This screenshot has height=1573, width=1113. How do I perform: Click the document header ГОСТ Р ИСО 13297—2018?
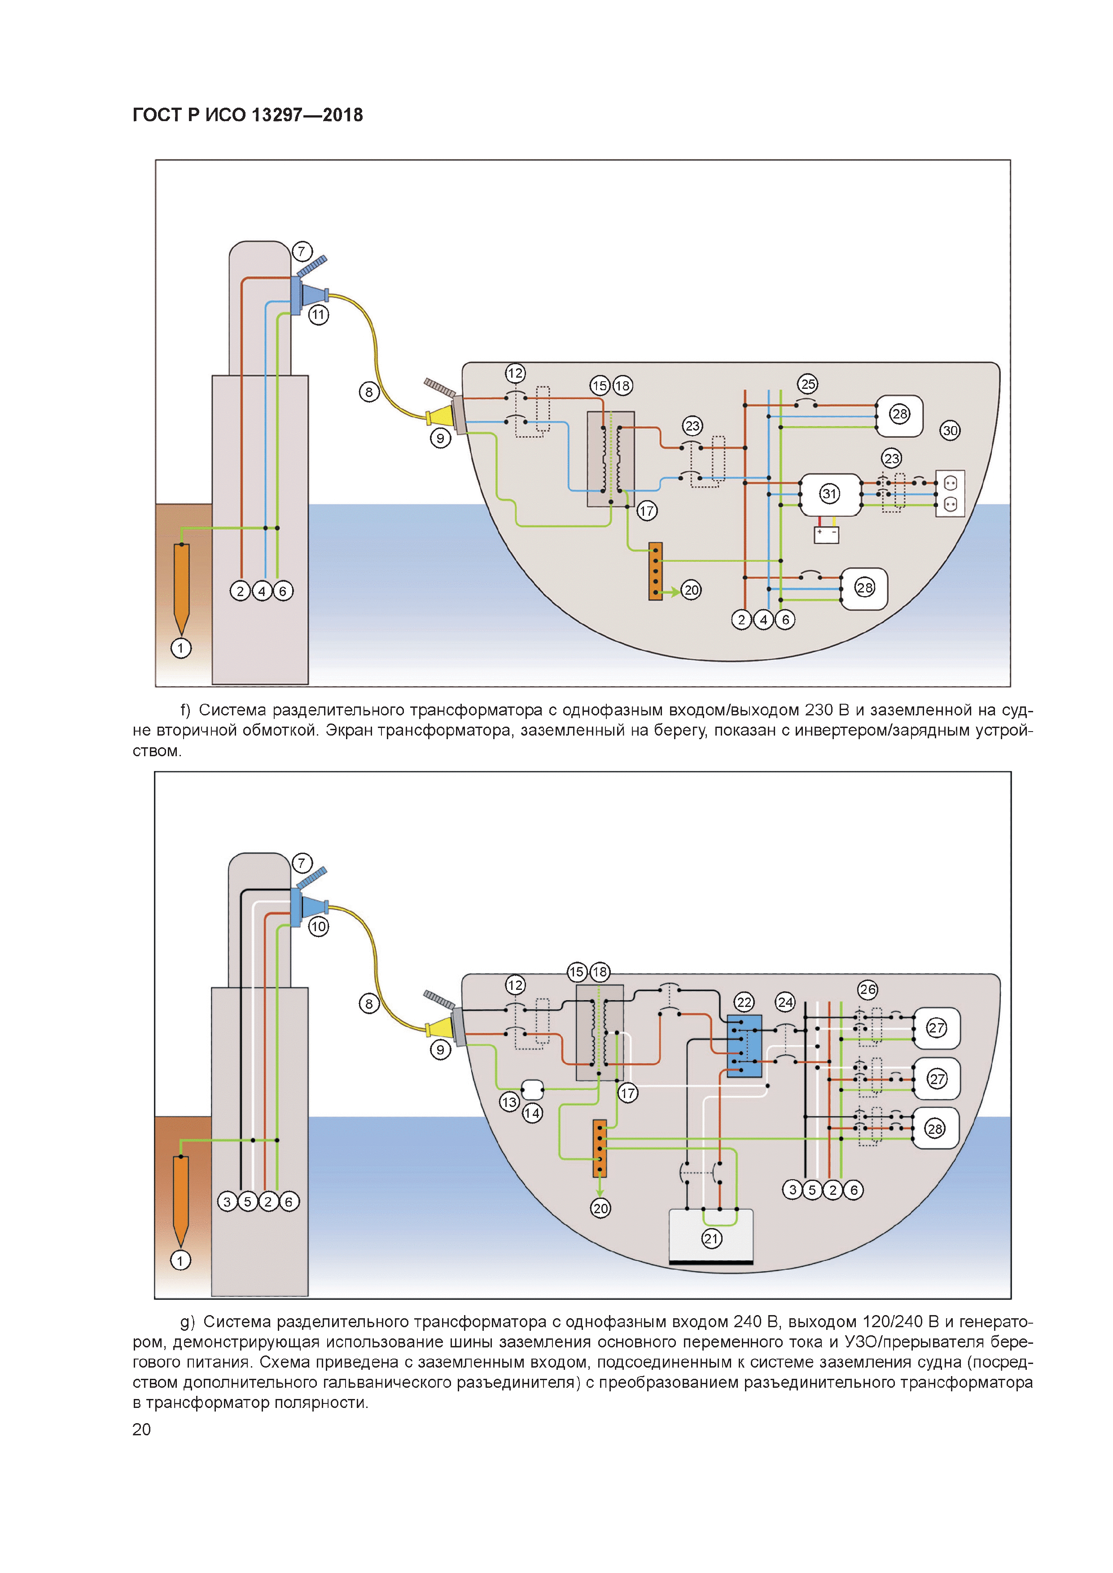tap(247, 115)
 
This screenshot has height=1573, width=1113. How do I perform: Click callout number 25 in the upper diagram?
tap(808, 384)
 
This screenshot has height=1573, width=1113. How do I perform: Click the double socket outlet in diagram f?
tap(950, 493)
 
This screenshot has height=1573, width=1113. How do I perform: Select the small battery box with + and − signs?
tap(827, 534)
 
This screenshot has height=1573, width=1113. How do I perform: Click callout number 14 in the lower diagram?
tap(532, 1113)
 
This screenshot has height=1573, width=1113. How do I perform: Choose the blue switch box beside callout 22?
tap(744, 1046)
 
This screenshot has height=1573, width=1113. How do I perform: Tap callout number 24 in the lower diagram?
tap(785, 1002)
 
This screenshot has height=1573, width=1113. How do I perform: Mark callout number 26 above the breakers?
tap(868, 989)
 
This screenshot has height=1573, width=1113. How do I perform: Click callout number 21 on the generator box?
tap(711, 1239)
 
